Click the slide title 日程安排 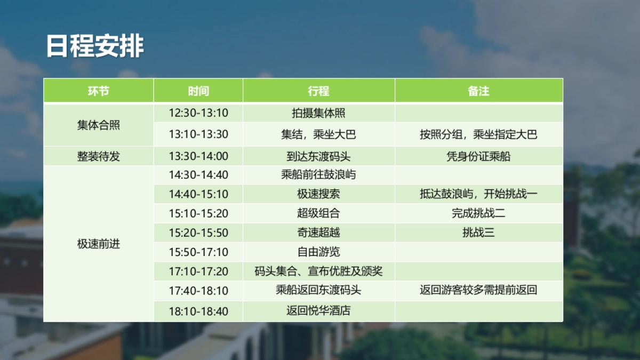pyautogui.click(x=95, y=46)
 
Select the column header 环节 pyautogui.click(x=99, y=91)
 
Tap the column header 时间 pyautogui.click(x=198, y=91)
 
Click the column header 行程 pyautogui.click(x=318, y=91)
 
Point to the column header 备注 pyautogui.click(x=478, y=91)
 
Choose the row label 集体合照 pyautogui.click(x=99, y=125)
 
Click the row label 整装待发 pyautogui.click(x=99, y=156)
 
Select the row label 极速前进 pyautogui.click(x=99, y=244)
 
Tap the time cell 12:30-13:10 pyautogui.click(x=198, y=113)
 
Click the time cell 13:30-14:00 pyautogui.click(x=198, y=156)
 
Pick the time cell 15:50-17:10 pyautogui.click(x=198, y=252)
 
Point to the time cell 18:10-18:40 pyautogui.click(x=198, y=311)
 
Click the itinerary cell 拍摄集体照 pyautogui.click(x=318, y=113)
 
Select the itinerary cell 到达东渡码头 pyautogui.click(x=318, y=156)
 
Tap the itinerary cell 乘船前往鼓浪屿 pyautogui.click(x=318, y=174)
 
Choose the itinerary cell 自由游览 pyautogui.click(x=318, y=252)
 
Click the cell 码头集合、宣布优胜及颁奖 pyautogui.click(x=318, y=271)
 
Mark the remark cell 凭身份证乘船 pyautogui.click(x=478, y=156)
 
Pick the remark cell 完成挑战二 pyautogui.click(x=478, y=213)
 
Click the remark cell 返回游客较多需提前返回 pyautogui.click(x=478, y=291)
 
